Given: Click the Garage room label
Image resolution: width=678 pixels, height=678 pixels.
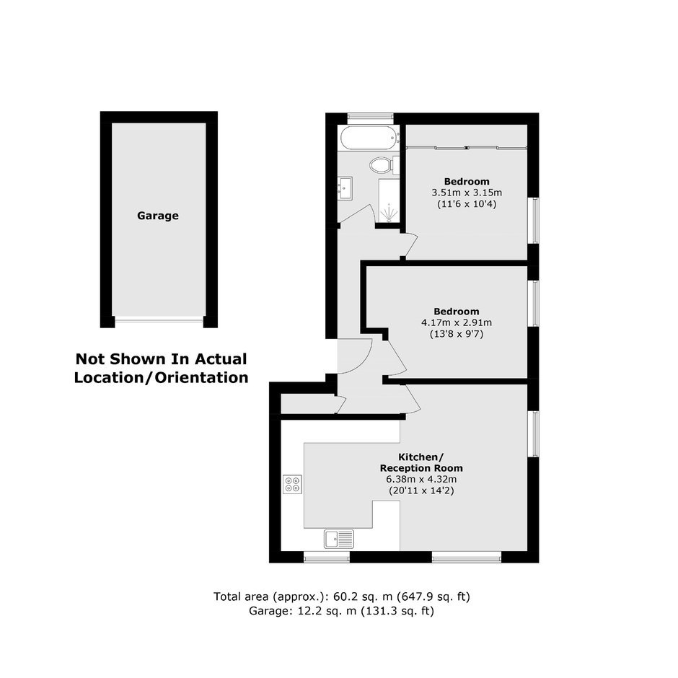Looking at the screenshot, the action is coord(158,216).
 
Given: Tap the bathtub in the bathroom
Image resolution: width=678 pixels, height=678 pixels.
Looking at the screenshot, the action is coord(370,138).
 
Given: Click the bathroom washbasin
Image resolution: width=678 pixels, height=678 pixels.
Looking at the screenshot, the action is coord(345,188).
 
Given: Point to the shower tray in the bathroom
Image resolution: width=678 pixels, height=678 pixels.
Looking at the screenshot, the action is coord(389,201).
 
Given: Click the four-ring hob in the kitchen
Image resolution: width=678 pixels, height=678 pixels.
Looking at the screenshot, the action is coord(292,484).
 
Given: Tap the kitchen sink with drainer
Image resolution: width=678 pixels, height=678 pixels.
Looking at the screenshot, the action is coord(338,540).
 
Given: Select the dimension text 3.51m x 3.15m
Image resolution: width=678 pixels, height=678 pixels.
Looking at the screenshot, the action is coord(467,193).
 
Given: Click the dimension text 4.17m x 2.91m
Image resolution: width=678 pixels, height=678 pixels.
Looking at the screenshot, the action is coord(456,322).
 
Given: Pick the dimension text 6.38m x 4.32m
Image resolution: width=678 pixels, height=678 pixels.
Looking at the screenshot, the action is coord(421,479).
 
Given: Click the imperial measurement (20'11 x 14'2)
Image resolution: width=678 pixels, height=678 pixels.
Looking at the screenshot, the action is coord(421,490).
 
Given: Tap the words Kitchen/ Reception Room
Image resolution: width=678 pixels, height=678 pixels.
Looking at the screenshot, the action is coord(421,462).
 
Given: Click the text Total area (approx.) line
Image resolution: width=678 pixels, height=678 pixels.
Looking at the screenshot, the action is coord(342,596).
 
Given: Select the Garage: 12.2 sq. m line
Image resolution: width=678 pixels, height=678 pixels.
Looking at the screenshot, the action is coord(341,611).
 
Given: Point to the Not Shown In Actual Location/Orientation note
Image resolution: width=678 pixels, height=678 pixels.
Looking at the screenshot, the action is coord(162,369).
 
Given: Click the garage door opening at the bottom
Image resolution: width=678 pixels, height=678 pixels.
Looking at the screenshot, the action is coord(159,320).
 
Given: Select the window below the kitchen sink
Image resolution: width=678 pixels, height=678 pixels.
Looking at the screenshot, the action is coord(327,558).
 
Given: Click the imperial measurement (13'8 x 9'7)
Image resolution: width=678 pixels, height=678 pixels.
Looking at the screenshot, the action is coord(456,334).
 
